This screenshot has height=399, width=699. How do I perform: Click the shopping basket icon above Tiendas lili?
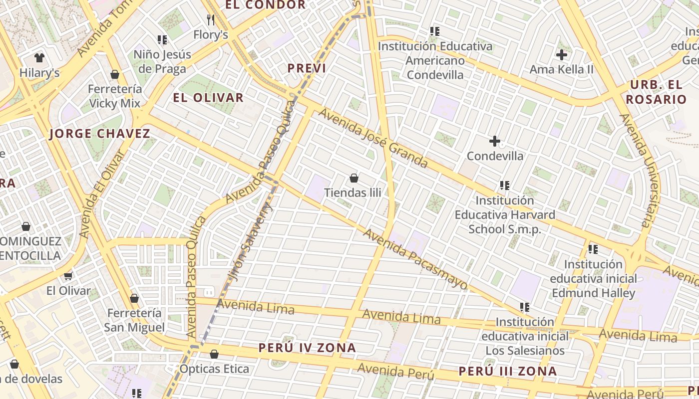[354, 178]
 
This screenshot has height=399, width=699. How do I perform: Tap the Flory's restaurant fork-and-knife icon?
[211, 20]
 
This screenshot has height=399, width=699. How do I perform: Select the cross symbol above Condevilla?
[495, 141]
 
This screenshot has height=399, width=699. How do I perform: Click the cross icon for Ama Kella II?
[562, 55]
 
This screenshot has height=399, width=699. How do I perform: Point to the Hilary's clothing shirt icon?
[39, 58]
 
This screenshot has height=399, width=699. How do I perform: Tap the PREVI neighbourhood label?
[307, 68]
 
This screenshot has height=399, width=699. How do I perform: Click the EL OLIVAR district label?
[208, 98]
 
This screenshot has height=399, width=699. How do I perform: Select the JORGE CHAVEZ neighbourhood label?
[100, 134]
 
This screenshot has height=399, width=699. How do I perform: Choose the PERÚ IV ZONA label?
[307, 348]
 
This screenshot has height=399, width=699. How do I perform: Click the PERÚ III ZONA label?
[507, 372]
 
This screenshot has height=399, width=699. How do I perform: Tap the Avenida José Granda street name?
[373, 138]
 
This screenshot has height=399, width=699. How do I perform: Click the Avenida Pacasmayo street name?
[415, 259]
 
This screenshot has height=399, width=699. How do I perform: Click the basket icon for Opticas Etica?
[214, 354]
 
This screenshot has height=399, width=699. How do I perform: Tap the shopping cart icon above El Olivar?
[68, 276]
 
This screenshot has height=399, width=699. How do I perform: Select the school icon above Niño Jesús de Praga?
[162, 39]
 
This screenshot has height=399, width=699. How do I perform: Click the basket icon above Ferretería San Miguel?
[134, 298]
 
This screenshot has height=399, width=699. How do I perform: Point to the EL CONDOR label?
[265, 5]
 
